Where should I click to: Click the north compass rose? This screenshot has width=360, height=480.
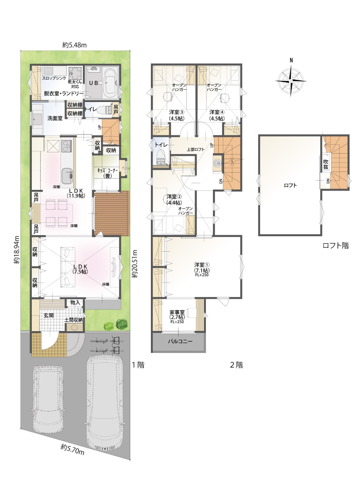point(291,81)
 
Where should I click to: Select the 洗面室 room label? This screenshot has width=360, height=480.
point(55,118)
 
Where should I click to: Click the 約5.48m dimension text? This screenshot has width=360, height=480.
point(74,45)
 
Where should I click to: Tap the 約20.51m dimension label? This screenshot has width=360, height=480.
point(136,264)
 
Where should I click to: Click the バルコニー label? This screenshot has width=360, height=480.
point(180,341)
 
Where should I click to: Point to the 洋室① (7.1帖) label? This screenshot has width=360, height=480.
point(202,270)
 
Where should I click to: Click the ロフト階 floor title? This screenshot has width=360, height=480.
point(336,246)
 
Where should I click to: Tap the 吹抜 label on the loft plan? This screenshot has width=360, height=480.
point(326,164)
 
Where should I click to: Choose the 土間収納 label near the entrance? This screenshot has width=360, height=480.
point(73,320)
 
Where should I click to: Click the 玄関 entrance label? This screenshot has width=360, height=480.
point(49,315)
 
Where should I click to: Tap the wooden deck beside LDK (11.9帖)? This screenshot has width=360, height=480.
point(112,214)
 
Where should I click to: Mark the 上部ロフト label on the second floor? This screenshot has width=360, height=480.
point(196,150)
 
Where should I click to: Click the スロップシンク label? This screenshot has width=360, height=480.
point(54,78)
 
